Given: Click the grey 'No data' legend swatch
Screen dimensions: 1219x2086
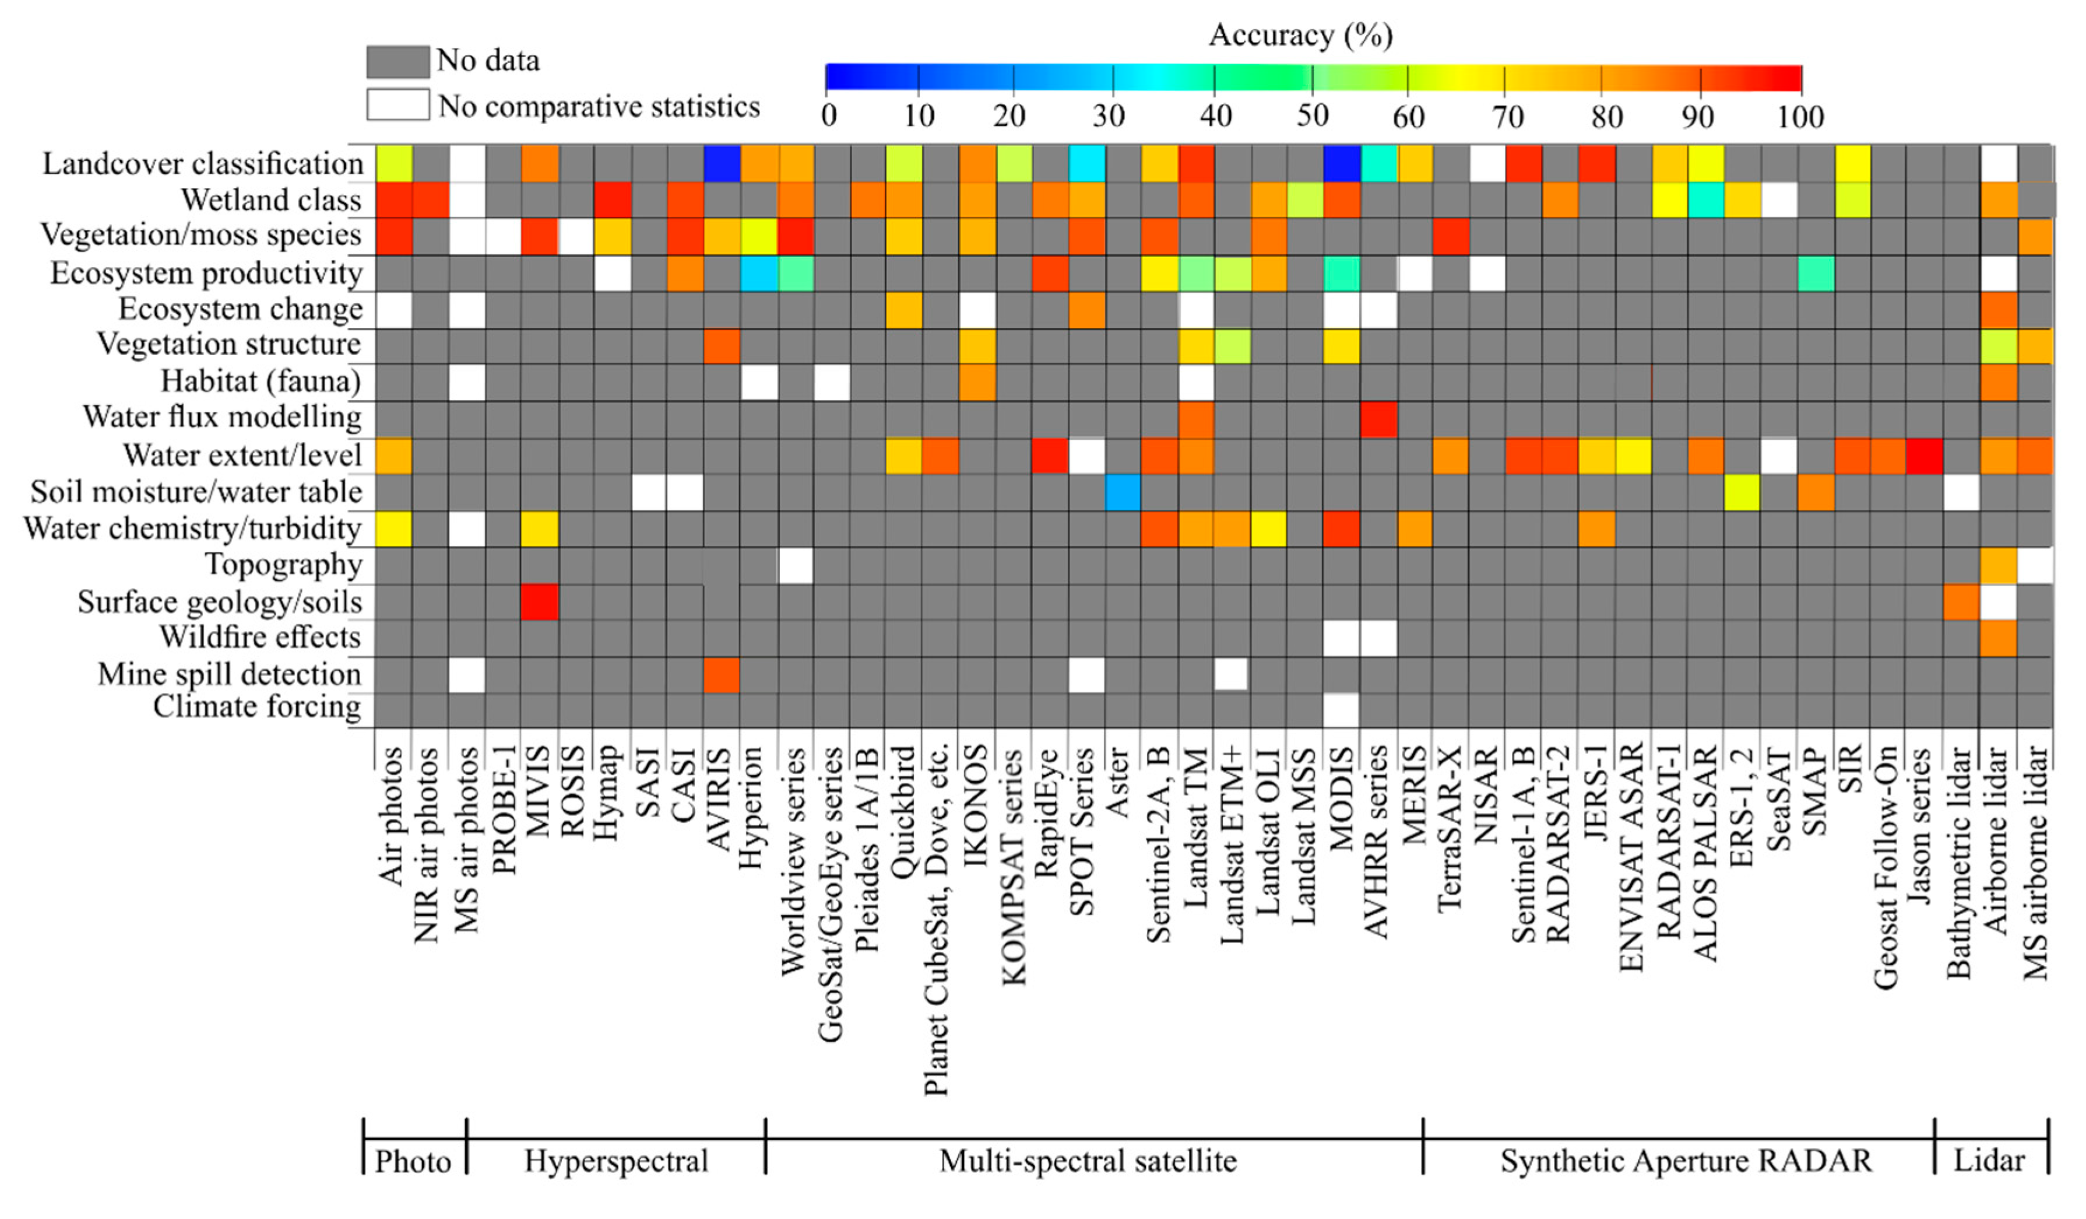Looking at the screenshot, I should [x=397, y=61].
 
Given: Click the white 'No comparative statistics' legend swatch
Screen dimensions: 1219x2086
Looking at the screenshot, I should [x=397, y=105].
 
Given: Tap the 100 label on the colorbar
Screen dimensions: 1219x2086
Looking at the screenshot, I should [x=1800, y=117].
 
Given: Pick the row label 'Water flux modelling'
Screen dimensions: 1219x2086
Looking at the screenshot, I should [x=222, y=416].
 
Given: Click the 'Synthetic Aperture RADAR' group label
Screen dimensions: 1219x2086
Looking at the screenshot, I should [x=1686, y=1160].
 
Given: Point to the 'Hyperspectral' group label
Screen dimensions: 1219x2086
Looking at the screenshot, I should [x=616, y=1160].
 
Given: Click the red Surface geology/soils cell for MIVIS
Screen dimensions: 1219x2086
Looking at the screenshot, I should [x=540, y=601].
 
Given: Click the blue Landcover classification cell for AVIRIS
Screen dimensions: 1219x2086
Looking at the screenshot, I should [x=721, y=163].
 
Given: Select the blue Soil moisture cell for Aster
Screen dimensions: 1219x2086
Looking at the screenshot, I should [x=1123, y=492].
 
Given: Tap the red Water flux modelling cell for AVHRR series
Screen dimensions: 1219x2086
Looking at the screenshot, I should [x=1378, y=419].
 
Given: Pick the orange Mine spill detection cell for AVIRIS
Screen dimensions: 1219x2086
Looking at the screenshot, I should [x=721, y=674].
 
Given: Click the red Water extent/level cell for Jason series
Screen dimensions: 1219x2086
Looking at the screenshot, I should [x=1924, y=456].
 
